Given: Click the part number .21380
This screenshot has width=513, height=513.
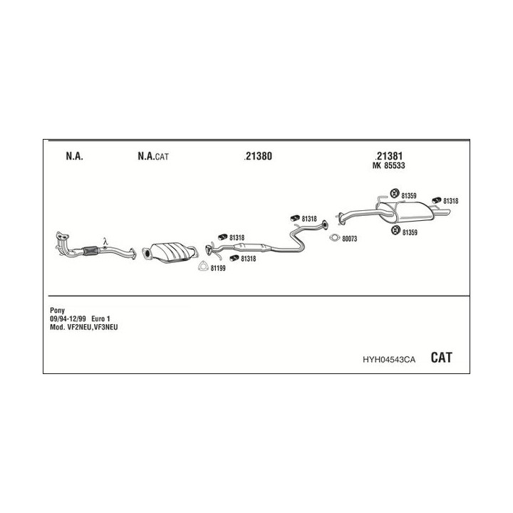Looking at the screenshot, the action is pyautogui.click(x=258, y=156).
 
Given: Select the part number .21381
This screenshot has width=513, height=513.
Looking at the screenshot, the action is pyautogui.click(x=388, y=156).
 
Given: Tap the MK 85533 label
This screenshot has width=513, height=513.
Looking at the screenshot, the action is pyautogui.click(x=388, y=165).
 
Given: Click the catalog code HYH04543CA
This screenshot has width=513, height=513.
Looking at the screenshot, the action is pyautogui.click(x=389, y=360).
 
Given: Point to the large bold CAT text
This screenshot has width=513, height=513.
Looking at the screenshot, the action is pyautogui.click(x=441, y=357).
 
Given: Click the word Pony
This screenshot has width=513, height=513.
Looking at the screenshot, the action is pyautogui.click(x=57, y=310).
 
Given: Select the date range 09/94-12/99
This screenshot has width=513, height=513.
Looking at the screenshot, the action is pyautogui.click(x=68, y=318).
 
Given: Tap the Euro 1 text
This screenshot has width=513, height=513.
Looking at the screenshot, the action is pyautogui.click(x=100, y=318).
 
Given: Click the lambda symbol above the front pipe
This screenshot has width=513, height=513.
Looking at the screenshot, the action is pyautogui.click(x=105, y=242).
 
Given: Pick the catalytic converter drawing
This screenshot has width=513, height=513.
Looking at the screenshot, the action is pyautogui.click(x=170, y=252).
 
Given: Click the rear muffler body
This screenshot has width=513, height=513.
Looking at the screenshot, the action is pyautogui.click(x=412, y=212).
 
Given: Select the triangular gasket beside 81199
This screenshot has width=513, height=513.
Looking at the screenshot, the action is pyautogui.click(x=203, y=266).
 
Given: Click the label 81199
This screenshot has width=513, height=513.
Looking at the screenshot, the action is pyautogui.click(x=218, y=269).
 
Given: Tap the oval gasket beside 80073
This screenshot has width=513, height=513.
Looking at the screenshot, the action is pyautogui.click(x=335, y=238).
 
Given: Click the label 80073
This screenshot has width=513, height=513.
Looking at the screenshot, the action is pyautogui.click(x=349, y=239).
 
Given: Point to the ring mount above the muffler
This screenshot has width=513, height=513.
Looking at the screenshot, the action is pyautogui.click(x=395, y=193).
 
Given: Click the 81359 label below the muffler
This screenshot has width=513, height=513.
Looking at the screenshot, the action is pyautogui.click(x=410, y=232).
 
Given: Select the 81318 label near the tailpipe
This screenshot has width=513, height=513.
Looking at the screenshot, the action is pyautogui.click(x=450, y=201).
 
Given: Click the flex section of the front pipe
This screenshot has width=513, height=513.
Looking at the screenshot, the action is pyautogui.click(x=90, y=250).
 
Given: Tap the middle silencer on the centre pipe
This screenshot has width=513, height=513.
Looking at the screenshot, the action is pyautogui.click(x=252, y=248).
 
